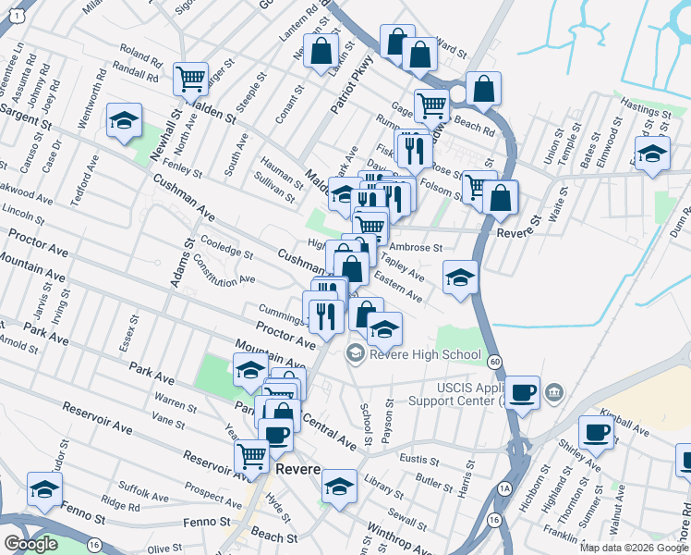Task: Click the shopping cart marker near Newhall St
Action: [x=190, y=79]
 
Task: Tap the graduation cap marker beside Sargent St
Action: [x=124, y=120]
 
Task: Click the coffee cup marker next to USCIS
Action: [x=523, y=391]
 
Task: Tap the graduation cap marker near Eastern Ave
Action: [x=459, y=277]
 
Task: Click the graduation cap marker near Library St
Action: [x=339, y=487]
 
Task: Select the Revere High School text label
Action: [x=425, y=354]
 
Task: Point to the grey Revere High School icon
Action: [x=355, y=353]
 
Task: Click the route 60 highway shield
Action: [x=496, y=360]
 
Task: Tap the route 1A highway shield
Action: [x=504, y=487]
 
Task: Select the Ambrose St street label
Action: [x=417, y=248]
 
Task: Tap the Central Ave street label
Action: [x=329, y=429]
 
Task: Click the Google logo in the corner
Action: [x=30, y=544]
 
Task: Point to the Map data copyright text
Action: [x=634, y=548]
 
